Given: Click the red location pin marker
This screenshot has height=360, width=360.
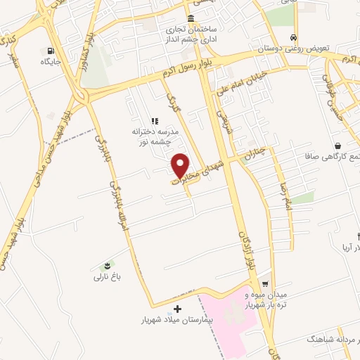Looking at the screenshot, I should coord(182,165).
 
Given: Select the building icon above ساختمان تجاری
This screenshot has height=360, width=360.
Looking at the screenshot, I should coord(191,19).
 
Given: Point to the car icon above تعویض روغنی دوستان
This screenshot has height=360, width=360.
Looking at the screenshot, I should coord(293,38).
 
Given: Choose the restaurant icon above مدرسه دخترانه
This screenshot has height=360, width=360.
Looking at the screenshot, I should coord(155,120).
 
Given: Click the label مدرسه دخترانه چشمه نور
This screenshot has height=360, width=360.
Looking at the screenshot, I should coord(155,136).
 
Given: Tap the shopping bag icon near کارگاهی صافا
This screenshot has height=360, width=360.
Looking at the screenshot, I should coord(338,146).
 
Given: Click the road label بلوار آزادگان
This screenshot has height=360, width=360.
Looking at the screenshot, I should coord(246,250).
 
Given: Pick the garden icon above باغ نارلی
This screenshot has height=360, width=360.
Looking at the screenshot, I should coord(107,265).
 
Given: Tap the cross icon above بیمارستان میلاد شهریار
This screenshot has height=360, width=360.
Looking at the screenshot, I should coord(177,308).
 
